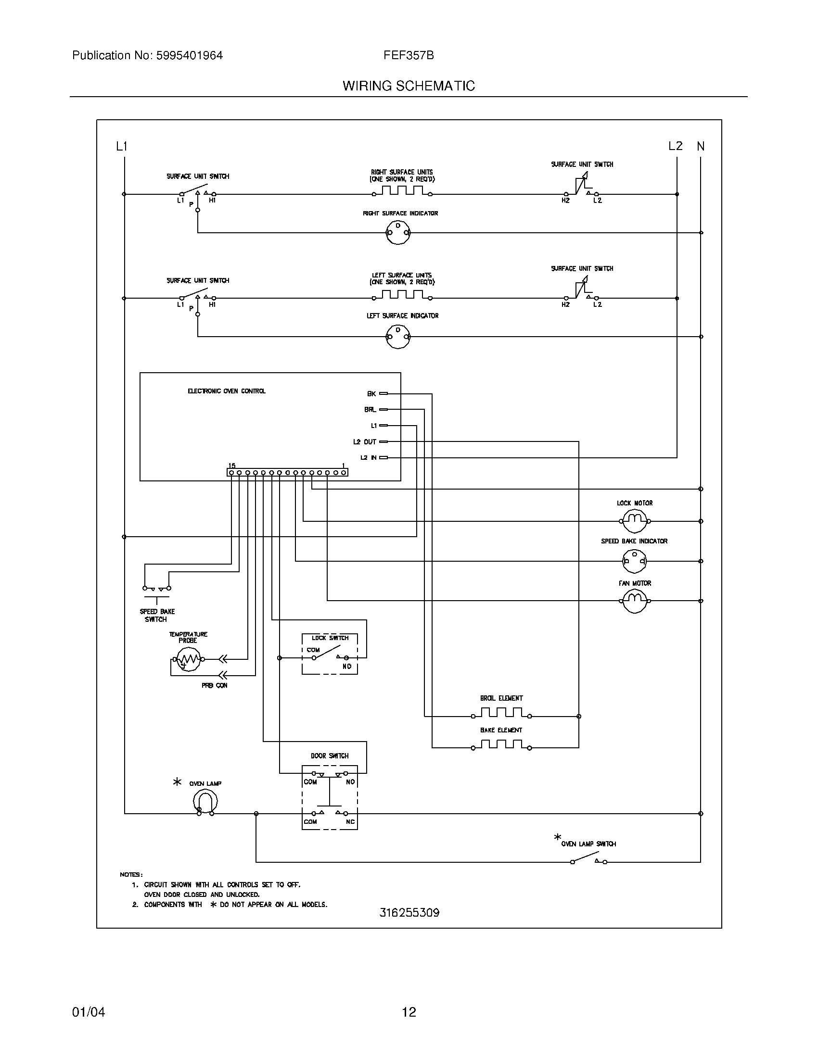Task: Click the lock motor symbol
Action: pos(634,521)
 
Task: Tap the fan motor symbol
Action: pos(634,601)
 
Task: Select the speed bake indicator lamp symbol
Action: pos(634,561)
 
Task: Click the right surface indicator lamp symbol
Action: pos(398,233)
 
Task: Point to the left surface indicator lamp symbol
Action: pos(398,336)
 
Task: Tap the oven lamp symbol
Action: pos(205,801)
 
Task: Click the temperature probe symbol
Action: pos(188,659)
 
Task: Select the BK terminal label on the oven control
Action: pos(371,394)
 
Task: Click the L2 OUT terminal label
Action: pos(364,442)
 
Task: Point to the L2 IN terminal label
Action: pos(368,457)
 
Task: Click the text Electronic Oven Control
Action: pos(226,391)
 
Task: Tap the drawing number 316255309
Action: pos(409,913)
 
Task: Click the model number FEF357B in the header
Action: pos(409,55)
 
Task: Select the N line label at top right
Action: pos(701,146)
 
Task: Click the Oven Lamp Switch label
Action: pos(588,844)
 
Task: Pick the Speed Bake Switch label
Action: pos(156,615)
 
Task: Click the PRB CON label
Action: pos(214,685)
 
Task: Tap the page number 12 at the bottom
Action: pos(409,1012)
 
